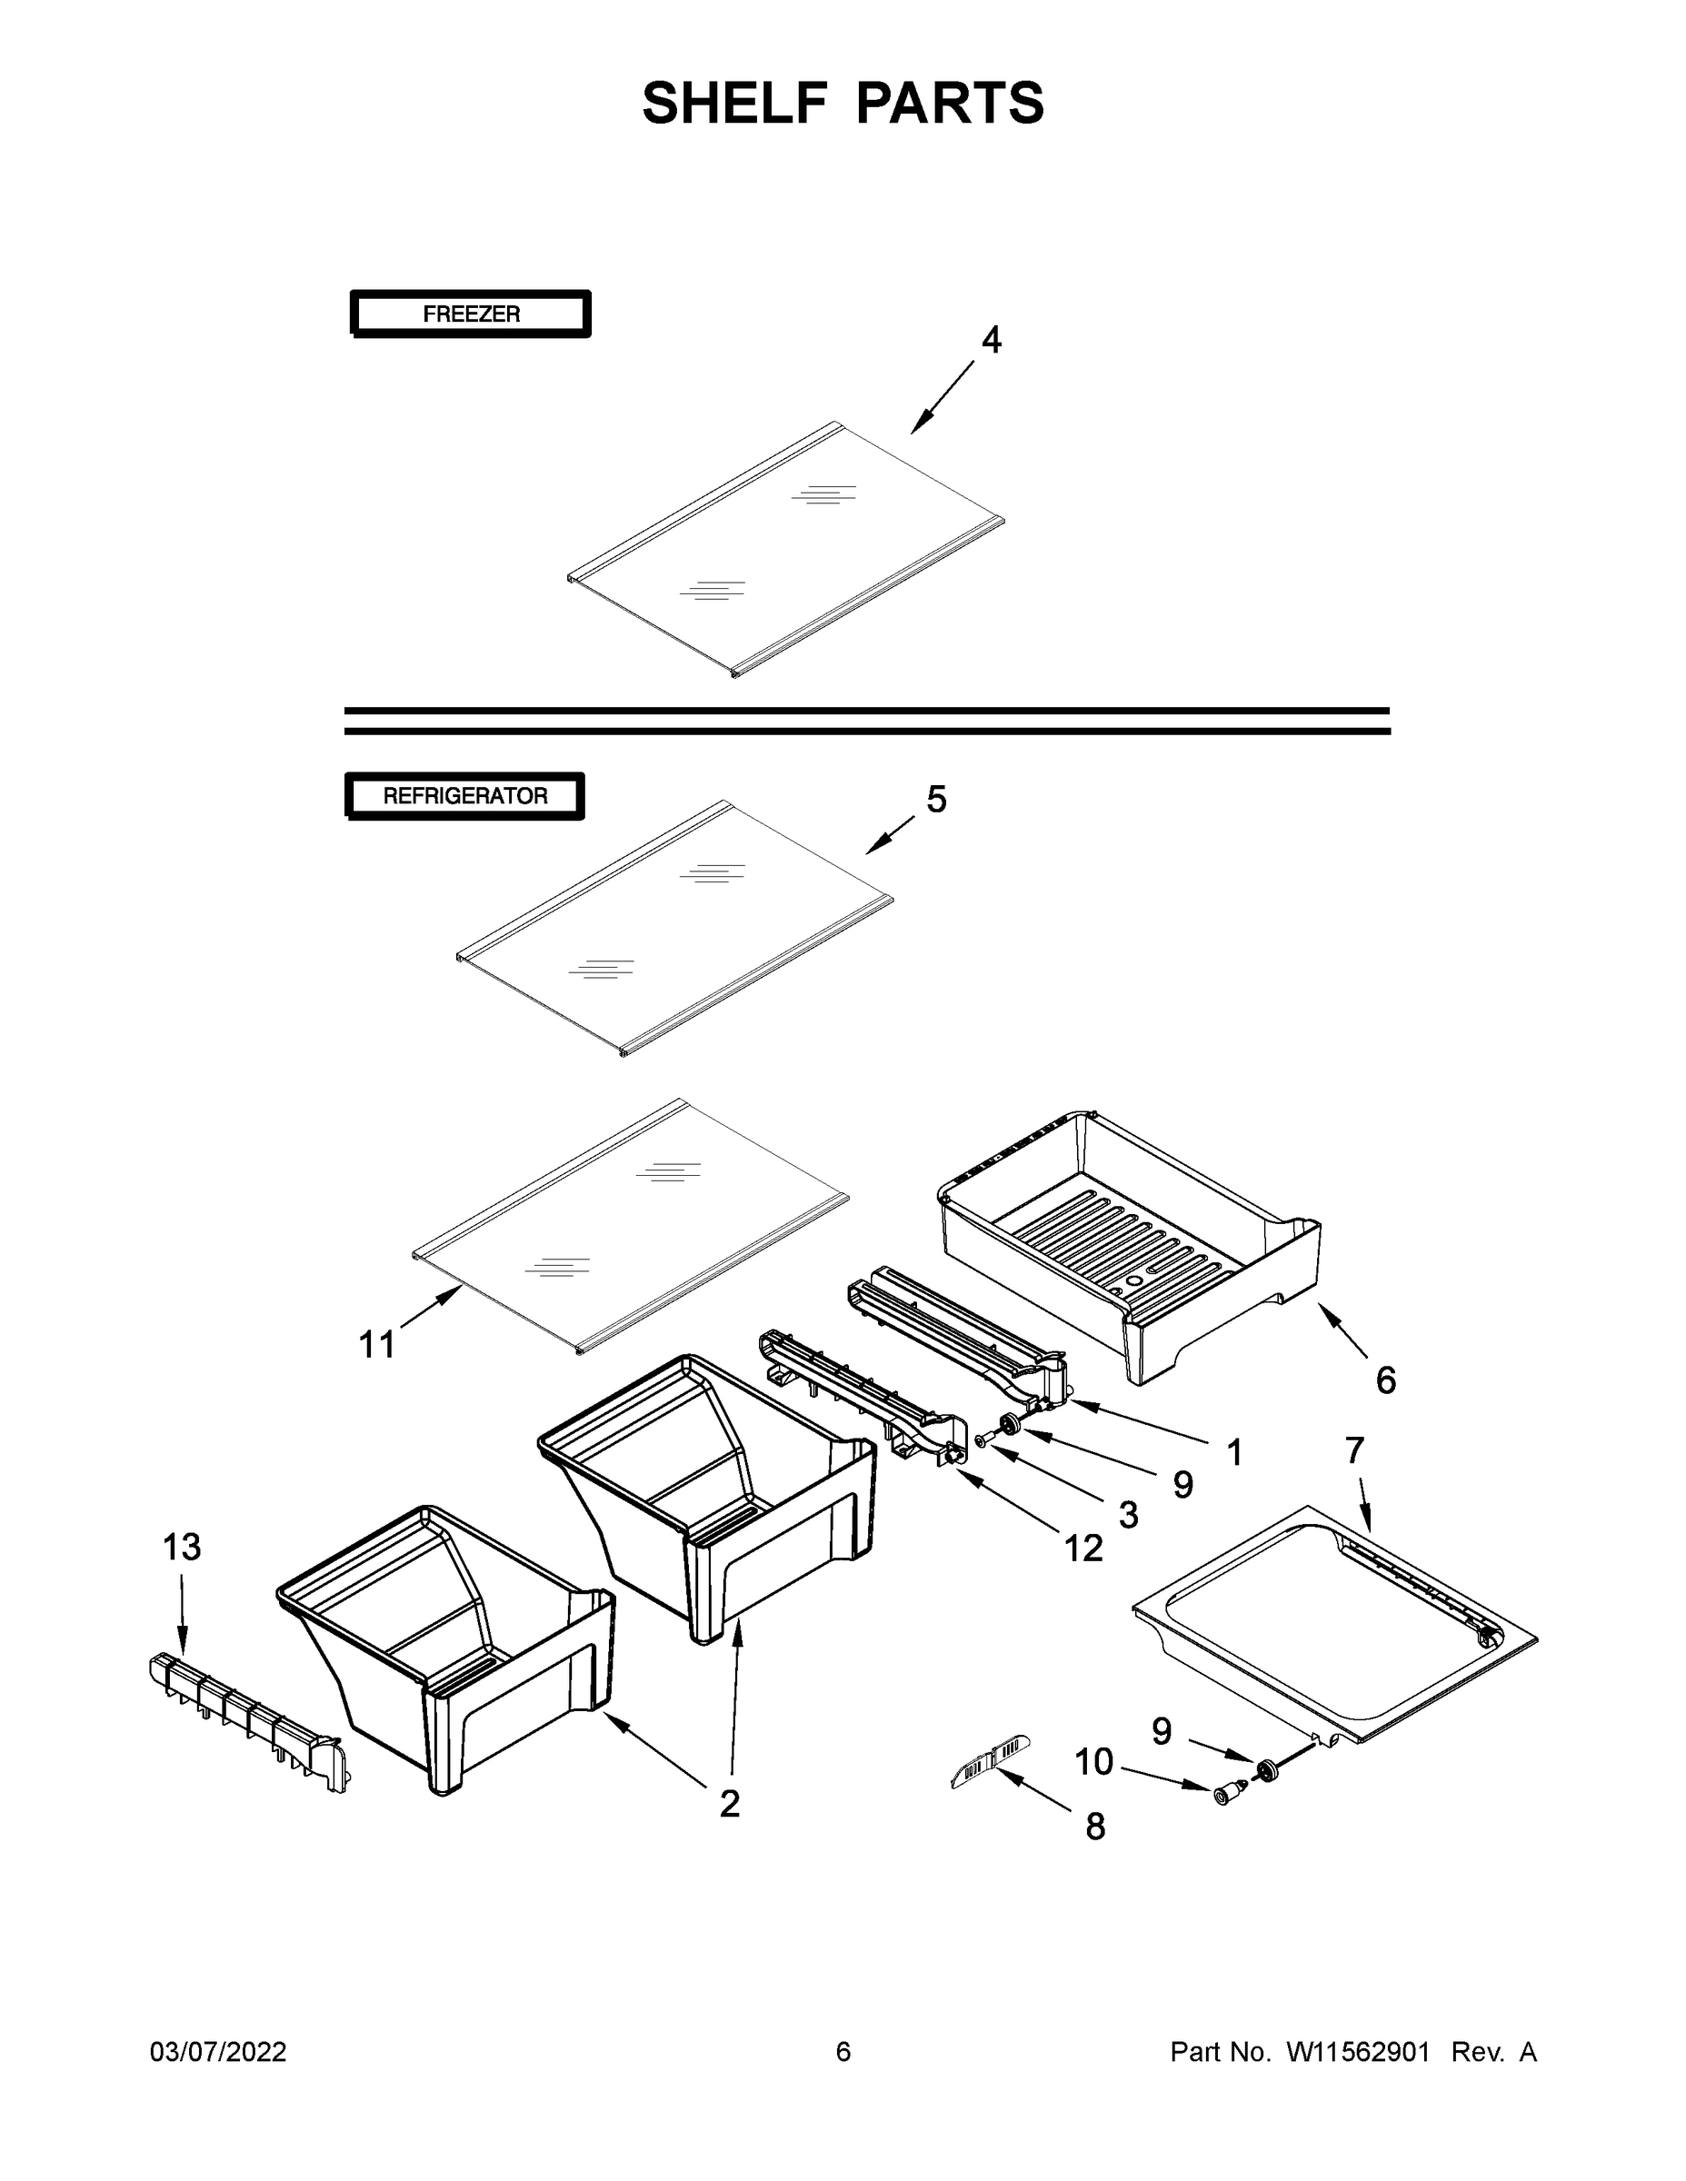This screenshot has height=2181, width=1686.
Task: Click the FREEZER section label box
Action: point(471,314)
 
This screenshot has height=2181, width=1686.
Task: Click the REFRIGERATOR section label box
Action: point(464,796)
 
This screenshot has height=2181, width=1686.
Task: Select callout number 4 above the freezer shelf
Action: point(990,341)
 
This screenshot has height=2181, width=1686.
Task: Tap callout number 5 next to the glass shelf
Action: point(936,799)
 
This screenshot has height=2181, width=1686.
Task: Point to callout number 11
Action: point(376,1345)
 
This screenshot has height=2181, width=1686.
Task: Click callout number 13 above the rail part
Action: point(182,1547)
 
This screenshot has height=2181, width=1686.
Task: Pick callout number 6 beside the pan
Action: point(1385,1380)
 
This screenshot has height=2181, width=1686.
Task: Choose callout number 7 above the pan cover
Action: point(1354,1449)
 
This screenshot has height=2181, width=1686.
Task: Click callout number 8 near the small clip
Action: point(1096,1827)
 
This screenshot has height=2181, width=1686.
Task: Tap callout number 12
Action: point(1082,1549)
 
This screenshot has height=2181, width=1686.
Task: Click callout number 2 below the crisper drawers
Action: point(730,1804)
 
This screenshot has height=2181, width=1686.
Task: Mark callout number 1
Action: point(1234,1453)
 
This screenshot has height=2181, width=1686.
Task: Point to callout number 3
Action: point(1129,1515)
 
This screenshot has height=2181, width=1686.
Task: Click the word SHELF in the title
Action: point(735,103)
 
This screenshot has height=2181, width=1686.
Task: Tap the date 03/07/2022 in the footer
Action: point(218,2051)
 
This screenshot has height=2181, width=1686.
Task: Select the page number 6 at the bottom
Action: point(843,2051)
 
